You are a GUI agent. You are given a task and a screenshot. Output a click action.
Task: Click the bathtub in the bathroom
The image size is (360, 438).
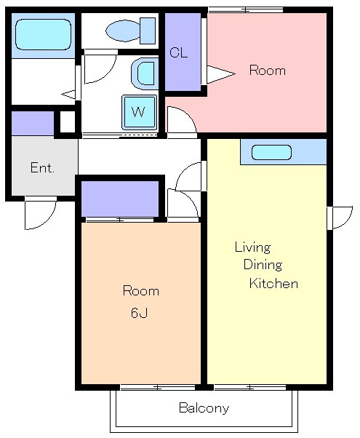pyautogui.click(x=43, y=34)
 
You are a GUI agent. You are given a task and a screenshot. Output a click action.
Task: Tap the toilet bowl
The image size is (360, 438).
pyautogui.click(x=124, y=31)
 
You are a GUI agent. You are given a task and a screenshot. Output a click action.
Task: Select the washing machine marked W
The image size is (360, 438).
pyautogui.click(x=139, y=112)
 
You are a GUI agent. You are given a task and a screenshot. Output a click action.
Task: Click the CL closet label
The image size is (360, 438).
pyautogui.click(x=178, y=52)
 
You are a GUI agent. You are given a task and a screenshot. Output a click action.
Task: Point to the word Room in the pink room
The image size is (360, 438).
pyautogui.click(x=268, y=70)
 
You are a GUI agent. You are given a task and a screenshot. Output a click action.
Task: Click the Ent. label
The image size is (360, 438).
pyautogui.click(x=42, y=167)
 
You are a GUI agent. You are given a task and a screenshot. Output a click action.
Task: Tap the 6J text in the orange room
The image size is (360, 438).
pyautogui.click(x=139, y=313)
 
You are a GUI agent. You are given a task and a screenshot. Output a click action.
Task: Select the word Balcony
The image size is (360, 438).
pyautogui.click(x=204, y=408)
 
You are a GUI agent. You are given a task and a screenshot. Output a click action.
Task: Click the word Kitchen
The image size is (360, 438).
pyautogui.click(x=273, y=283)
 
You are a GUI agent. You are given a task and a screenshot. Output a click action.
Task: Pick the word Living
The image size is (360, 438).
pyautogui.click(x=252, y=247)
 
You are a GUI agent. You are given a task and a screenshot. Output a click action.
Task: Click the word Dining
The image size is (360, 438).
pyautogui.click(x=263, y=265)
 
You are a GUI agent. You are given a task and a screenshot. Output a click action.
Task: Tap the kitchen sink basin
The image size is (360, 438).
pyautogui.click(x=271, y=153)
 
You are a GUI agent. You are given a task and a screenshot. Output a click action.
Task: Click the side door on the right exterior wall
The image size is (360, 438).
pyautogui.click(x=340, y=218)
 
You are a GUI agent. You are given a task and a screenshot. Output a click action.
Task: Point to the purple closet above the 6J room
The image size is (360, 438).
pyautogui.click(x=120, y=199)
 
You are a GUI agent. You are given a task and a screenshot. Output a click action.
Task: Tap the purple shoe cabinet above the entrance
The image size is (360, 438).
pyautogui.click(x=33, y=123)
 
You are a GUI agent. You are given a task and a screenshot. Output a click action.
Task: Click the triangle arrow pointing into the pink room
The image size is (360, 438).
pyautogui.click(x=220, y=74)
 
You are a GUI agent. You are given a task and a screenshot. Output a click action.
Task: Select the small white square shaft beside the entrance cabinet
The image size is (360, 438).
pyautogui.click(x=68, y=122)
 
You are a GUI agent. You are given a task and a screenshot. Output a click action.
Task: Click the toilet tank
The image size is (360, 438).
pyautogui.click(x=148, y=31)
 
